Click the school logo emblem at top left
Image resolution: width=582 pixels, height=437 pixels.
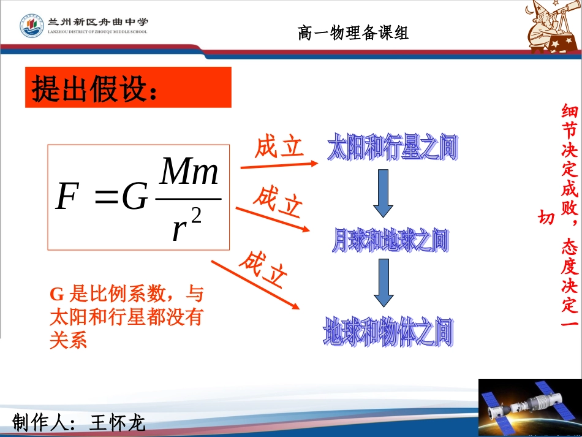click(31, 26)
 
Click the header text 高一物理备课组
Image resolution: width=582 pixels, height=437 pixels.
click(353, 32)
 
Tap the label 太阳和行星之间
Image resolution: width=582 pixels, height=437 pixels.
click(393, 149)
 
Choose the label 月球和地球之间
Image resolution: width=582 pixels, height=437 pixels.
click(390, 241)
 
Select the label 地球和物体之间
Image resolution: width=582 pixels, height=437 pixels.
click(388, 333)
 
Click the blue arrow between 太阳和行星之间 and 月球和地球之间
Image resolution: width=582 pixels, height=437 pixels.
click(384, 193)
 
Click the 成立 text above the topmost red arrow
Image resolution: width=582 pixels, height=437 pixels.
click(279, 147)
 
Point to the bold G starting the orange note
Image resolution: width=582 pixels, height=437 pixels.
click(56, 295)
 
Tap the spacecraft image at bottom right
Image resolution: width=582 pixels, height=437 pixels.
click(529, 408)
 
